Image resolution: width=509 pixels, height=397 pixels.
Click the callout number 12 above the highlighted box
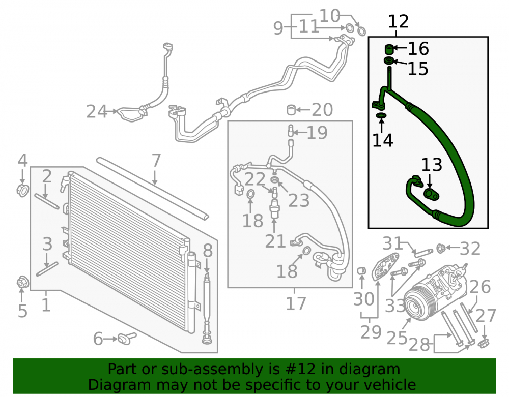pyautogui.click(x=399, y=22)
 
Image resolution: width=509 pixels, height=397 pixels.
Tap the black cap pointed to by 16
pyautogui.click(x=389, y=49)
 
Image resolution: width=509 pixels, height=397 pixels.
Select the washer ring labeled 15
pyautogui.click(x=389, y=60)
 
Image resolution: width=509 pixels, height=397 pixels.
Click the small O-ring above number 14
pyautogui.click(x=381, y=115)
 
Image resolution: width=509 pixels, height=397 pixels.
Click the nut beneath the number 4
pyautogui.click(x=22, y=190)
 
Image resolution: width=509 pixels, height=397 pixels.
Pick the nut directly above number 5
pyautogui.click(x=22, y=282)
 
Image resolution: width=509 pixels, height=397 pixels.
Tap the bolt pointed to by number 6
pyautogui.click(x=127, y=338)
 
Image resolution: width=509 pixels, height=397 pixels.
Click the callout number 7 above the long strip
pyautogui.click(x=156, y=161)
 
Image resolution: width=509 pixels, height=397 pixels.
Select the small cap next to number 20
pyautogui.click(x=291, y=110)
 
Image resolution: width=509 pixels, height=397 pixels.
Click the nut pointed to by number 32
pyautogui.click(x=440, y=248)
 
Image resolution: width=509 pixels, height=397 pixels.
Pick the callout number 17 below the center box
pyautogui.click(x=296, y=303)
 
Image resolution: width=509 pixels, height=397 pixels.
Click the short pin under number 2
pyautogui.click(x=47, y=201)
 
